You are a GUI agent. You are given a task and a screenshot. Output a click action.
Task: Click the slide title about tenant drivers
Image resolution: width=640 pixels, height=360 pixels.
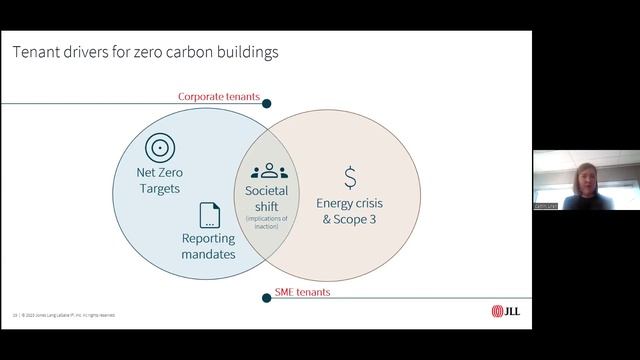[145, 51]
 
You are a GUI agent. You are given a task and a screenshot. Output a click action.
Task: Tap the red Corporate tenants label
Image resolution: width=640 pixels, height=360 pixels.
[219, 97]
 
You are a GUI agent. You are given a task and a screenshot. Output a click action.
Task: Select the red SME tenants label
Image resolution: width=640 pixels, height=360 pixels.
[302, 293]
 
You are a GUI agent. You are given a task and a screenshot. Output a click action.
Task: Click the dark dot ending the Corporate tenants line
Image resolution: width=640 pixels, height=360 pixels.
[267, 101]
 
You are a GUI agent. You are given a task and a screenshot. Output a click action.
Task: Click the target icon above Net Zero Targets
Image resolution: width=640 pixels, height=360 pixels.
[160, 149]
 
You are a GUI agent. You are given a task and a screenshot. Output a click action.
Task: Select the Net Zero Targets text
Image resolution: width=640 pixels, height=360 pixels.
[160, 180]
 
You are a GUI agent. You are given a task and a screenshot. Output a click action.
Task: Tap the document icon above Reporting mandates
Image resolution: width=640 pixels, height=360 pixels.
[209, 215]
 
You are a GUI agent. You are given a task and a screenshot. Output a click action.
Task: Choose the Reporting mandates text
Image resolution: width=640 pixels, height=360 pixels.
[208, 246]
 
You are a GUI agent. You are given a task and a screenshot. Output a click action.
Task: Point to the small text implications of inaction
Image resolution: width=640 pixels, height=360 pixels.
[268, 222]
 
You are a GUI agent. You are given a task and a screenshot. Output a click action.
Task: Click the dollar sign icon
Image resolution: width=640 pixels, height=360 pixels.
[350, 177]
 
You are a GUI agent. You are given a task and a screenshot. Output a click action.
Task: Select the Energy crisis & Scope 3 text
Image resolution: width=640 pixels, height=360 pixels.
[349, 210]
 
